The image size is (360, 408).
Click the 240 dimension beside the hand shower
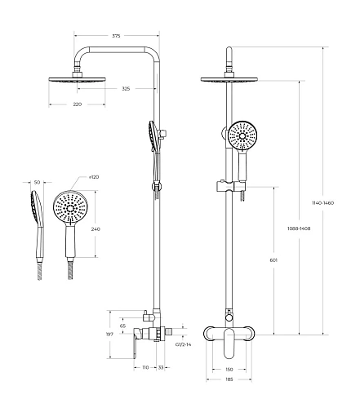96,229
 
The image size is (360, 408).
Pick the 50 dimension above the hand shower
37,183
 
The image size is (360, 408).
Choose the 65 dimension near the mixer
123,326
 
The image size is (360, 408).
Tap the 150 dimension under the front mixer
230,369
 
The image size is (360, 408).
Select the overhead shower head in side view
78,77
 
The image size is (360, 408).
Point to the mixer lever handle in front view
241,341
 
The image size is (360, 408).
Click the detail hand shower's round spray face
69,209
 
